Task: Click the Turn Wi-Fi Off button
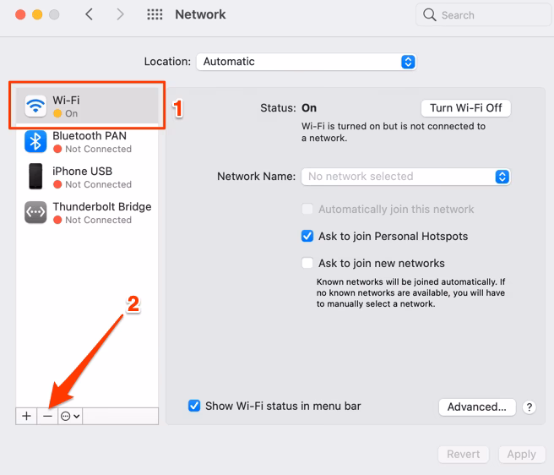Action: click(465, 108)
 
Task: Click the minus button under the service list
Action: click(47, 416)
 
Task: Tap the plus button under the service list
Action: click(26, 416)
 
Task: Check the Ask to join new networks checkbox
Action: click(308, 263)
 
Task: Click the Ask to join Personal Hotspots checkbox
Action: click(308, 237)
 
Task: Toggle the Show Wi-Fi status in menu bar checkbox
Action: click(195, 406)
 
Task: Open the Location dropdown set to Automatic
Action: click(306, 62)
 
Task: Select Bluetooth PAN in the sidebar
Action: click(89, 141)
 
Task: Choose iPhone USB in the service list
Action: click(82, 177)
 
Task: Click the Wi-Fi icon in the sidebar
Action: click(35, 106)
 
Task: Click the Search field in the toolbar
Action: click(478, 15)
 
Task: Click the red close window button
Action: click(18, 15)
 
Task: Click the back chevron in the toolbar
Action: click(90, 14)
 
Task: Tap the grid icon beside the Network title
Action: click(155, 15)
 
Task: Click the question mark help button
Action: click(529, 407)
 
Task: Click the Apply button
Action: click(521, 454)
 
